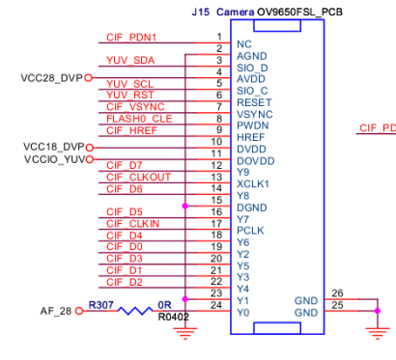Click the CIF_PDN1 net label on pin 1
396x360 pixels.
coord(131,38)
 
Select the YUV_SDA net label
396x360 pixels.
coord(130,60)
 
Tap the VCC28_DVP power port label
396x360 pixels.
coord(51,78)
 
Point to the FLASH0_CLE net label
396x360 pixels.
coord(139,119)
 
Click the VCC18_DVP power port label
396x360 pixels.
coord(53,147)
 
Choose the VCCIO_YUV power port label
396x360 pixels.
coord(55,159)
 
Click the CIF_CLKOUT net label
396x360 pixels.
coord(138,178)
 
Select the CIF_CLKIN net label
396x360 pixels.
coord(133,224)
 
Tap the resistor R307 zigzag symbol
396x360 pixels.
coord(135,311)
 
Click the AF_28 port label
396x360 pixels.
coord(56,311)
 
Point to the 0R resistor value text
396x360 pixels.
coord(164,305)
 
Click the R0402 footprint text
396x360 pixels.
coord(173,317)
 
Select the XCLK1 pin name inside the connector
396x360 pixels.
coord(253,184)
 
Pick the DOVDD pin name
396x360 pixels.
coord(256,161)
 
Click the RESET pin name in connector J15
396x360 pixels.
coord(254,102)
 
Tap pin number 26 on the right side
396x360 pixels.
coord(337,293)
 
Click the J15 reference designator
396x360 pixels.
coord(200,13)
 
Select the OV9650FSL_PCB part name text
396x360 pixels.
coord(299,13)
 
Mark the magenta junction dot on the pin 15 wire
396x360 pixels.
coord(184,206)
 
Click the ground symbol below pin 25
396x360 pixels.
coord(378,333)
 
